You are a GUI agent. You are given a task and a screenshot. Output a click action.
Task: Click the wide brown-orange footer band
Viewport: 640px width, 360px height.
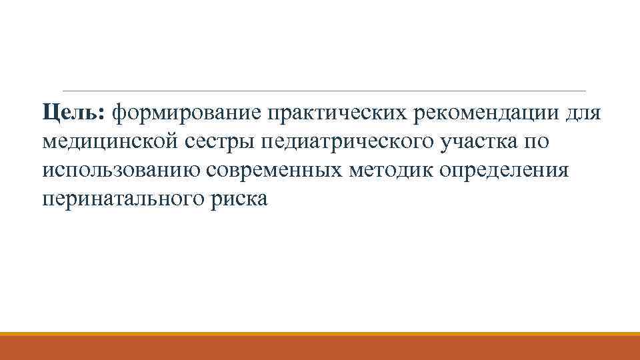(320, 348)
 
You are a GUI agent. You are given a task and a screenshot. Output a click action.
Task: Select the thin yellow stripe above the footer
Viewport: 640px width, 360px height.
(320, 333)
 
